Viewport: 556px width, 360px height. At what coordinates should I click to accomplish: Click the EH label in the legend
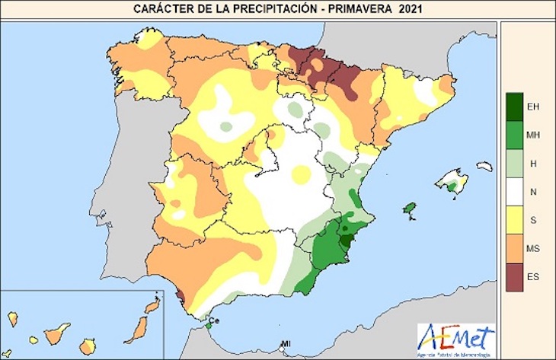532,107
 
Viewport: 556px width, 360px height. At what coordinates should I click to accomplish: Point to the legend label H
532,163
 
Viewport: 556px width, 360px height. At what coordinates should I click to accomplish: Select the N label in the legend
532,191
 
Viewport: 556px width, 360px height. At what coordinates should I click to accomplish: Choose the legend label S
532,219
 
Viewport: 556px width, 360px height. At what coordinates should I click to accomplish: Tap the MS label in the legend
532,248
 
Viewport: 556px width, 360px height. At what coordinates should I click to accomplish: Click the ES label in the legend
532,276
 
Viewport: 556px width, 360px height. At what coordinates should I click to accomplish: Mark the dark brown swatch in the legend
513,276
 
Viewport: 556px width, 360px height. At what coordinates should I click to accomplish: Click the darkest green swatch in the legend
513,107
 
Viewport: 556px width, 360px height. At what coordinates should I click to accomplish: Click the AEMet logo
455,336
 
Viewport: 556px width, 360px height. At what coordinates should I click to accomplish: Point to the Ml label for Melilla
286,343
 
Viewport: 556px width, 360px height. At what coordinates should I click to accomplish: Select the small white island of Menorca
484,165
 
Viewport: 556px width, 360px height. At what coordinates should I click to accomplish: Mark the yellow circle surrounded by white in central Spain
302,175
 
